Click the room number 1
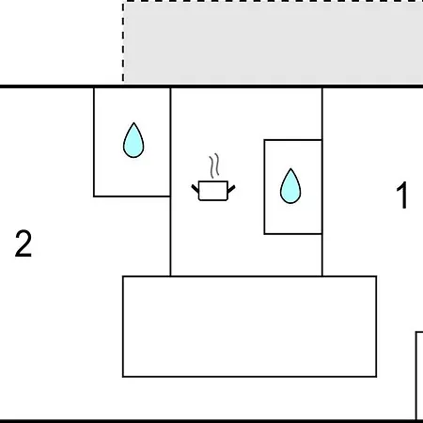coord(402,196)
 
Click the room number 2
coord(23,243)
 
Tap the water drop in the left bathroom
coord(133,140)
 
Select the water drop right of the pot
coord(290,186)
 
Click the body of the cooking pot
coord(213,191)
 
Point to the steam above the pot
coord(214,165)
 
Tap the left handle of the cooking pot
coord(196,189)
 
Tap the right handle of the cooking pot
coord(231,189)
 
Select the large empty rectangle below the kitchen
coord(249,326)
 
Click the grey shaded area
coord(274,43)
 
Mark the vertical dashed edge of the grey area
coord(123,42)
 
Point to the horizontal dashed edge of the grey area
coord(273,1)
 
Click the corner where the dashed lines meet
coord(123,1)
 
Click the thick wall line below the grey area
coord(211,86)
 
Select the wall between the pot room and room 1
coord(322,181)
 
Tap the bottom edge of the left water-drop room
coord(132,196)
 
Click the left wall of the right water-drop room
coord(264,187)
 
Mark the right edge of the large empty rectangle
coord(376,326)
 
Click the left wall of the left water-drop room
coord(94,142)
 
